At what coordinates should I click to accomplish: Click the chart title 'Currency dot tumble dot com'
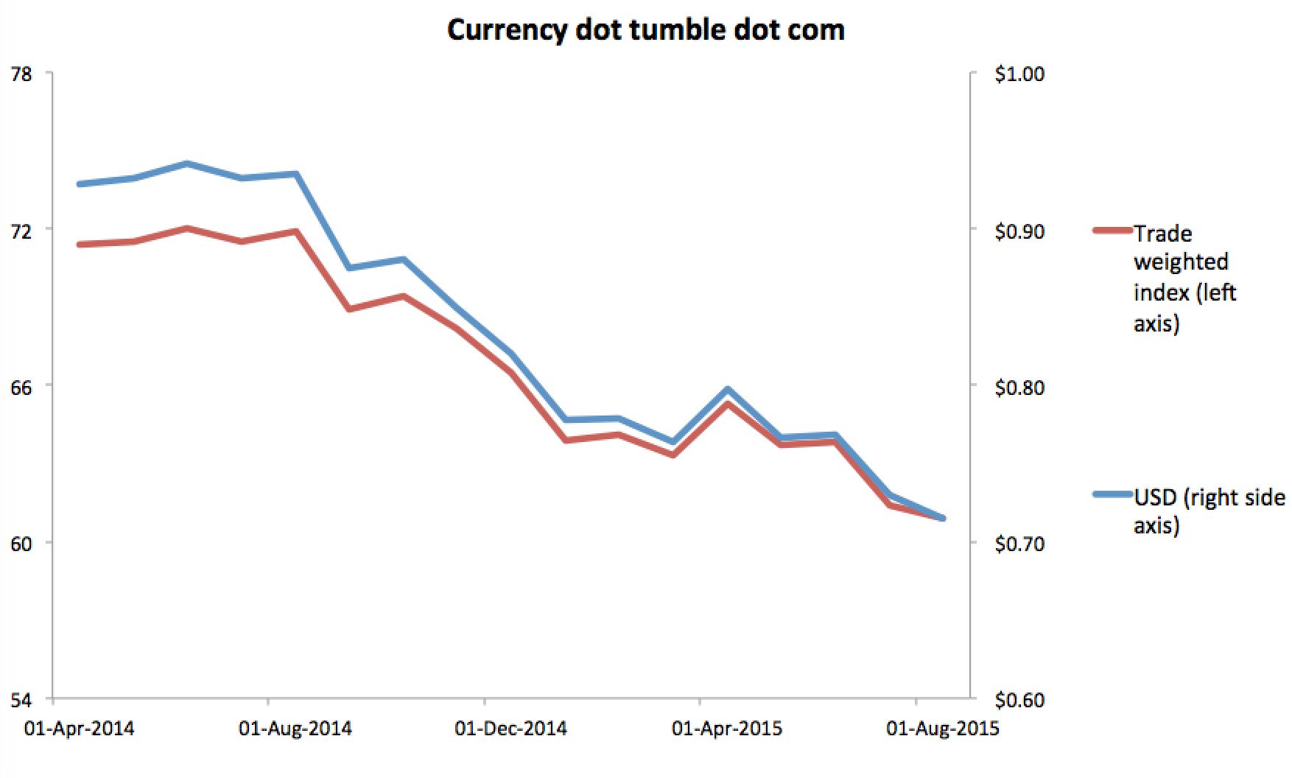pos(645,30)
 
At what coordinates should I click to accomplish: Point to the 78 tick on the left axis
pos(21,74)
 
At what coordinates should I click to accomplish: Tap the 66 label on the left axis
pos(21,387)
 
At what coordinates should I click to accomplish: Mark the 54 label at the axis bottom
pos(21,699)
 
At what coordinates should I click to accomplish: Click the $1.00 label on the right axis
pos(1019,74)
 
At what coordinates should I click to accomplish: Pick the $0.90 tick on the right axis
pos(1019,231)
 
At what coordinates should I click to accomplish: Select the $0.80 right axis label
pos(1019,388)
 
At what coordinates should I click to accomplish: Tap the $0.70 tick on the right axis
pos(1019,544)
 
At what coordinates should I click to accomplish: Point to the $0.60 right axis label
pos(1019,700)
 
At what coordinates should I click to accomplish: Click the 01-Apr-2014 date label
pos(80,729)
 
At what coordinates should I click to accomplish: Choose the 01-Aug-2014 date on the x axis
pos(295,729)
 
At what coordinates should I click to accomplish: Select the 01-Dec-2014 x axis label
pos(511,729)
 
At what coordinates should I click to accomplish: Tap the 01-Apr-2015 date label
pos(727,729)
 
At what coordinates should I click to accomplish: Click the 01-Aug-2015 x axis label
pos(943,729)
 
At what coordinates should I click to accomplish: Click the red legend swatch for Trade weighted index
pos(1112,230)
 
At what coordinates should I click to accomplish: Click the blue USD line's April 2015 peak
pos(727,389)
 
